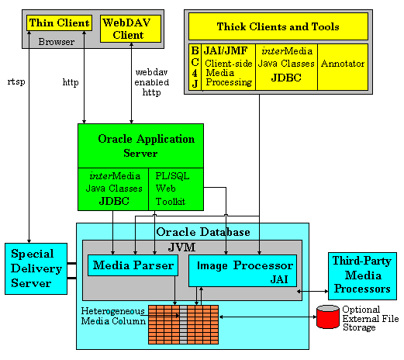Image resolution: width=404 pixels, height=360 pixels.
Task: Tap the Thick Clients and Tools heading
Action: coord(277,27)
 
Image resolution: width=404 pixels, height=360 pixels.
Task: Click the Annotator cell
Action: coord(342,64)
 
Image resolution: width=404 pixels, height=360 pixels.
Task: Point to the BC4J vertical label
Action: coord(194,67)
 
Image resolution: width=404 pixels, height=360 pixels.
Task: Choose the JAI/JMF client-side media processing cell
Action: coord(227,67)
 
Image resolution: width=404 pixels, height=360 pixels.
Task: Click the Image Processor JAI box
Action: coord(242,270)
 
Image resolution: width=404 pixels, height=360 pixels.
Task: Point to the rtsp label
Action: coord(16,80)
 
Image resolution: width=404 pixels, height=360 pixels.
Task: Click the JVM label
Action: coord(192,247)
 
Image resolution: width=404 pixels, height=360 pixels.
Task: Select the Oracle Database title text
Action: coord(203,232)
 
